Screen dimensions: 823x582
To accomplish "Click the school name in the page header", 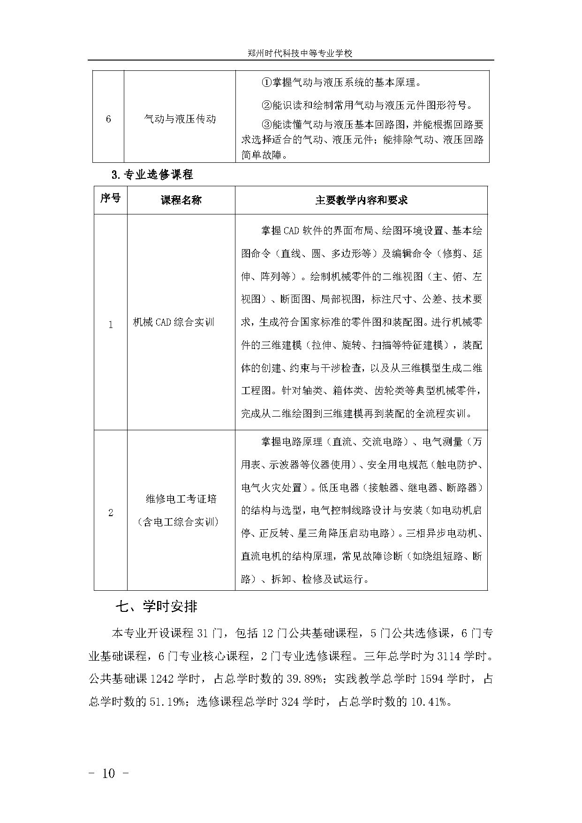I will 300,53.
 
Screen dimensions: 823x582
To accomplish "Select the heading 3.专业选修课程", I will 152,175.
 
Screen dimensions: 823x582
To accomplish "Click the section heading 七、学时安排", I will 157,607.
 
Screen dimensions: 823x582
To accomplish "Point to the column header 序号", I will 110,198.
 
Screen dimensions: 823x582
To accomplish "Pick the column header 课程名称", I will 181,200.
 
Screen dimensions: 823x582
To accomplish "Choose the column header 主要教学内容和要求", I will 361,200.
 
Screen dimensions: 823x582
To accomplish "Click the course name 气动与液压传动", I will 180,119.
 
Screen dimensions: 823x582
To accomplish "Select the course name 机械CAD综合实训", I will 174,322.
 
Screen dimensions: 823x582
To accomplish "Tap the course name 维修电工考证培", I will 181,499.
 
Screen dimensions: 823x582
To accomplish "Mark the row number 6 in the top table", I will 108,119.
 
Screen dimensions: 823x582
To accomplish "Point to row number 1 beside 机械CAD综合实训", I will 111,325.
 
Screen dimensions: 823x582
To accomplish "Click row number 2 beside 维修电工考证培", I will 111,513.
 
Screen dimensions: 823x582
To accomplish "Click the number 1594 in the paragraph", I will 431,679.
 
